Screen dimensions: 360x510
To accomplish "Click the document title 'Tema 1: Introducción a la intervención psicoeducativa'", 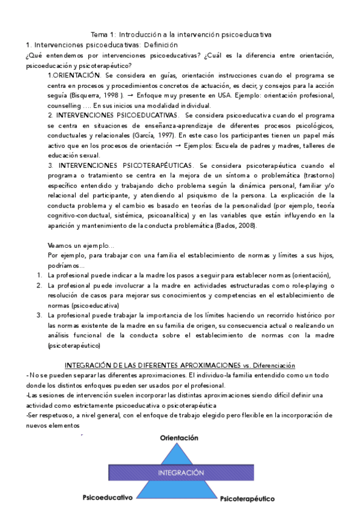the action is coord(180,34).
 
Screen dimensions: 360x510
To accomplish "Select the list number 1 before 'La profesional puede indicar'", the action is coord(39,275).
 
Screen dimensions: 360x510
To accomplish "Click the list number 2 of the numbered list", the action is coord(39,285).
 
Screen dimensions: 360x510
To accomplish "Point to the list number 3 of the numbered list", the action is coord(39,315).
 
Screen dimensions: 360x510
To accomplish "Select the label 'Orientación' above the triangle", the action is coord(178,438).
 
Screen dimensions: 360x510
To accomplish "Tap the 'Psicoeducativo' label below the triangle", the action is coord(107,497).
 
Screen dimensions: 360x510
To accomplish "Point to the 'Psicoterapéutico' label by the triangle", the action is coord(247,499).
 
